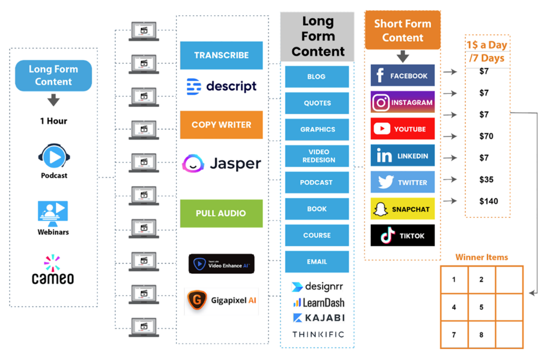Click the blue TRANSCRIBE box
[x=221, y=56]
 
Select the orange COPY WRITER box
[x=221, y=125]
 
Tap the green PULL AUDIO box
[x=221, y=213]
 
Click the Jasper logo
[x=221, y=163]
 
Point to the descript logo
[x=221, y=87]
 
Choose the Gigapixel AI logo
[x=221, y=300]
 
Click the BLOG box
[x=317, y=76]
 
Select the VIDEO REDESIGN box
[x=317, y=156]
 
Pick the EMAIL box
[x=317, y=262]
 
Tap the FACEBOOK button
[x=402, y=76]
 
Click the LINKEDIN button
[x=402, y=155]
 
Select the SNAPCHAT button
[x=402, y=209]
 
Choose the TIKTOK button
[x=402, y=235]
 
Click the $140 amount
[x=488, y=201]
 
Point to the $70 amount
[x=486, y=136]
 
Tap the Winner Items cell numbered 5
[x=482, y=307]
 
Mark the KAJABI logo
[x=318, y=318]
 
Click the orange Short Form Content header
[x=402, y=30]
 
